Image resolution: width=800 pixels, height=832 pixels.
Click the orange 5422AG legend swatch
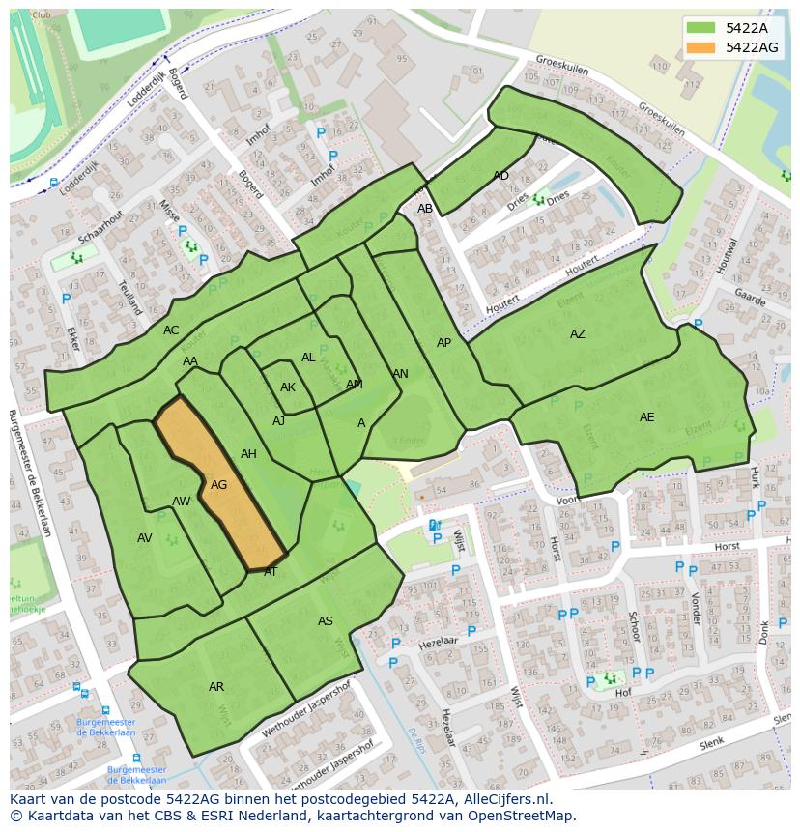[x=701, y=47]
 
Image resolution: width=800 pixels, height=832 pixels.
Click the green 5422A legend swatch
[x=701, y=28]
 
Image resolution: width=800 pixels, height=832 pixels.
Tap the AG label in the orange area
[x=219, y=485]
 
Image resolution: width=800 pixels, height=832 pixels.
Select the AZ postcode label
[x=577, y=334]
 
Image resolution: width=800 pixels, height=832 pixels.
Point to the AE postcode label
[x=646, y=417]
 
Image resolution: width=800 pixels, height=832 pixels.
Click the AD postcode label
[x=500, y=176]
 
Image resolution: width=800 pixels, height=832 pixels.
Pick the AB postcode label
[x=425, y=209]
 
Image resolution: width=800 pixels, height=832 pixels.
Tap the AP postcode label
[x=443, y=343]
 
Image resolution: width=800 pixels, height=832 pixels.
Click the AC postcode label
[x=171, y=330]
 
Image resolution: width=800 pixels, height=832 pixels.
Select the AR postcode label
[x=216, y=687]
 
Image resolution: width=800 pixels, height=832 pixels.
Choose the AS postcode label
[x=326, y=621]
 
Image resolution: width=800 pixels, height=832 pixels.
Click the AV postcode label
[x=145, y=538]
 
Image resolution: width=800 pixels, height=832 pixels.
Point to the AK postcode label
[x=287, y=387]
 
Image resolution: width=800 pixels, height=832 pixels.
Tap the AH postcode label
[x=248, y=454]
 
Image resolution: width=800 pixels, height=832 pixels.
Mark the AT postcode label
[x=271, y=572]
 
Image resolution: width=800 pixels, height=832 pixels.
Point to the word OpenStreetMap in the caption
[x=522, y=816]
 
